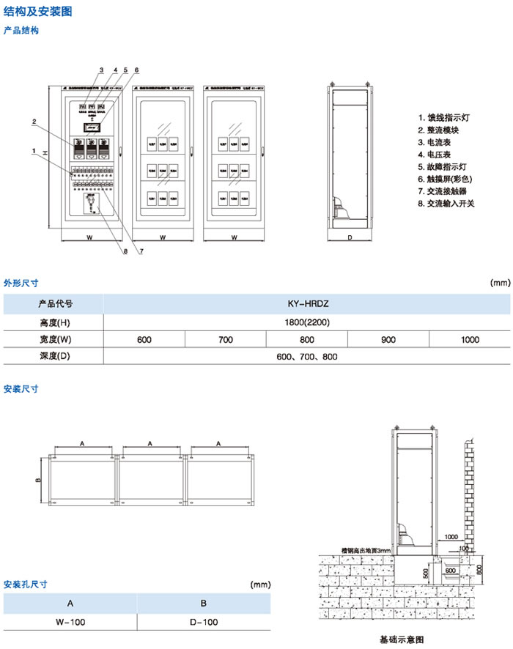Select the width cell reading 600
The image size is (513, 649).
pos(144,339)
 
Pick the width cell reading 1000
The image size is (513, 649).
pos(470,339)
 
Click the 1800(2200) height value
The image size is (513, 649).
pos(307,322)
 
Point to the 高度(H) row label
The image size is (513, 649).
pos(55,322)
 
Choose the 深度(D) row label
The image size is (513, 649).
pos(55,356)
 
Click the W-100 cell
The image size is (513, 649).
pos(70,622)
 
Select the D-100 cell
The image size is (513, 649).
pos(204,622)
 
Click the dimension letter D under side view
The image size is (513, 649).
pos(350,238)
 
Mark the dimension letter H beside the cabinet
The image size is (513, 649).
pos(45,153)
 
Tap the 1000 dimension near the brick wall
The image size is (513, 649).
pos(452,536)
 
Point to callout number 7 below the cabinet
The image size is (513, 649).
pos(140,252)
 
